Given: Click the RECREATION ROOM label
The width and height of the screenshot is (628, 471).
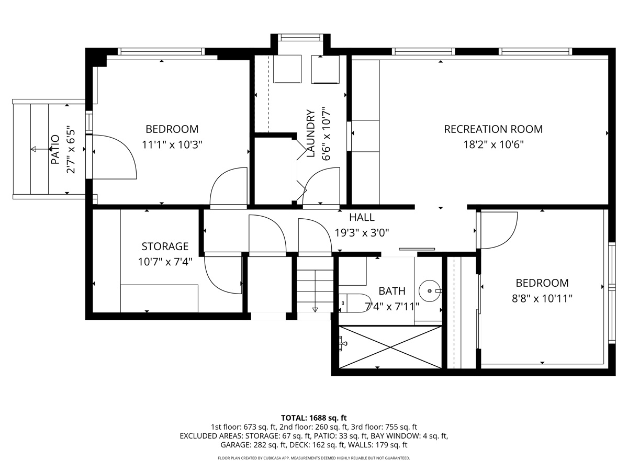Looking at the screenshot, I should [493, 129].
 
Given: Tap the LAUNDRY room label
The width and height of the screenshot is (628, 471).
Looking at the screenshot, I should [311, 134].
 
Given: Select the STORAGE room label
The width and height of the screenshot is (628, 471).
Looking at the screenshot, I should [165, 246].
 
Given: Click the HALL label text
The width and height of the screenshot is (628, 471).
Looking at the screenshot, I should [362, 217].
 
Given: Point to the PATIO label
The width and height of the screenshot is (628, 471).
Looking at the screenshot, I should [56, 150].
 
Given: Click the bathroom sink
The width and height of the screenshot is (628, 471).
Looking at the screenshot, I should [430, 289].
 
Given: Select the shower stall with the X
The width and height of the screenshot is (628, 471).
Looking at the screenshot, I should [390, 346].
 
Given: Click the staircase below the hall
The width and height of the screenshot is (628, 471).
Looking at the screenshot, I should [315, 285].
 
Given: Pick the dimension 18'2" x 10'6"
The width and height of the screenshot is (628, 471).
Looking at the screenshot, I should [493, 144].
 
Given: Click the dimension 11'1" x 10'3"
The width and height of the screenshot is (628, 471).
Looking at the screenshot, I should [172, 144].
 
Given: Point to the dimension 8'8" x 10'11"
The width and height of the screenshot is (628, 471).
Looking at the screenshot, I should [542, 298].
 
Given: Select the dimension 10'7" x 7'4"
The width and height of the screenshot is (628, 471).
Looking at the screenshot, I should [165, 261].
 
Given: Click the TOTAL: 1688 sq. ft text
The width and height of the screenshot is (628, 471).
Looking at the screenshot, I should [314, 418].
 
